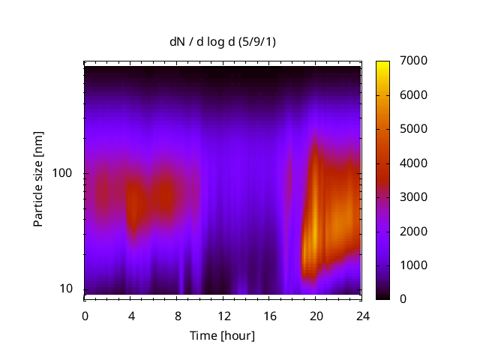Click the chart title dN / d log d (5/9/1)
coord(222,41)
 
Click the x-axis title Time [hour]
coord(222,335)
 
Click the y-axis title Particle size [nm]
coord(38,179)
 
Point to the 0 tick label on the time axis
coord(85,316)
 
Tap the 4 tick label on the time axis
coord(130,316)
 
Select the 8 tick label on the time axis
coord(177,316)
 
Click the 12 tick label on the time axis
coord(223,316)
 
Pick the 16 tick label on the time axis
coord(269,316)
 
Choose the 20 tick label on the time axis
coord(315,316)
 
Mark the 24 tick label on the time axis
coord(361,316)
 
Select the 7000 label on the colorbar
coord(415,61)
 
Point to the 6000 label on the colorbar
coord(415,95)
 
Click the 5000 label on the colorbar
coord(415,129)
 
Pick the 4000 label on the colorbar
coord(415,163)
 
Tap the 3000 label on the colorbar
coord(415,197)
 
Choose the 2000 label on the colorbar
coord(415,231)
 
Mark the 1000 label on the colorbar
coord(415,265)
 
